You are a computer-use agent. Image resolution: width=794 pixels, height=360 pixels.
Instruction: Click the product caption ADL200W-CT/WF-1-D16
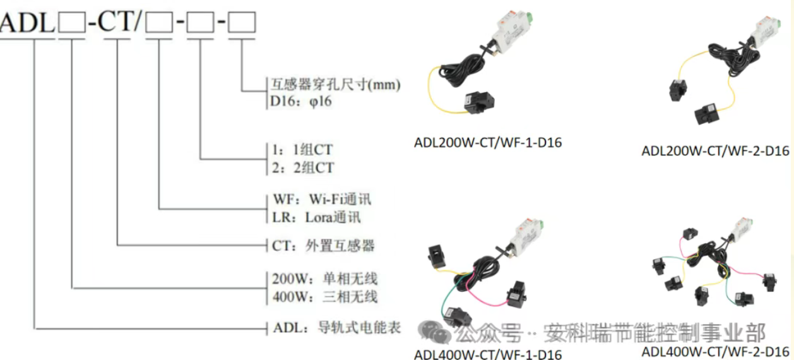click(488, 143)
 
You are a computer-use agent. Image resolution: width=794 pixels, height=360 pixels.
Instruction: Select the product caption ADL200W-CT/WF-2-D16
click(715, 151)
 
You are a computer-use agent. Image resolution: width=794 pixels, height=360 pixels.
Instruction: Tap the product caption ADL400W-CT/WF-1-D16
click(488, 354)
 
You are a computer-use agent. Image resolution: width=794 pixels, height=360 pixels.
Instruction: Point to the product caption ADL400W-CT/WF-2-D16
click(715, 352)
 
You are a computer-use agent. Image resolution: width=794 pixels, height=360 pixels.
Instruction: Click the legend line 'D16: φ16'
click(301, 102)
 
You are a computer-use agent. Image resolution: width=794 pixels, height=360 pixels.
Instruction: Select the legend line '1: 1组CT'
click(302, 150)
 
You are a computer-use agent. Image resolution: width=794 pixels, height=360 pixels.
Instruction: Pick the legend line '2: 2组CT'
click(303, 167)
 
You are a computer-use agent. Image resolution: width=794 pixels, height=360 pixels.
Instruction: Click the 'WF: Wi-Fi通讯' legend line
click(322, 200)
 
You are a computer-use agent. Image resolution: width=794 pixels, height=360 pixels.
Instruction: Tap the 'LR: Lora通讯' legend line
click(316, 217)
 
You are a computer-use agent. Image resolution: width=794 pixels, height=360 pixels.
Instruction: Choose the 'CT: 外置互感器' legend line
click(323, 246)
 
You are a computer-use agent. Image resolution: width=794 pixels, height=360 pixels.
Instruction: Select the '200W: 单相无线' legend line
click(324, 279)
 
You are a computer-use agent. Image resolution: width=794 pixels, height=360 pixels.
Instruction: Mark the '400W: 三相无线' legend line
click(324, 296)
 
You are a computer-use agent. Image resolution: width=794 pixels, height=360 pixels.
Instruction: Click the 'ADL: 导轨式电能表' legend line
click(337, 328)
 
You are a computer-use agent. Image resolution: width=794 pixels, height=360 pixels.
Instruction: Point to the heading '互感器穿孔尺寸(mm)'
click(336, 85)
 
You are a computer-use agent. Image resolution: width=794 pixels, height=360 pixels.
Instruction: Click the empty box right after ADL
click(72, 22)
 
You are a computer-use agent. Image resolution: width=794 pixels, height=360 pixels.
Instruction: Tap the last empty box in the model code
click(242, 22)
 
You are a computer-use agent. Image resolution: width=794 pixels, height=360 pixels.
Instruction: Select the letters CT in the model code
click(116, 21)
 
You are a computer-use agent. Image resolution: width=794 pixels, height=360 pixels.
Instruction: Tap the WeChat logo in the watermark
click(434, 332)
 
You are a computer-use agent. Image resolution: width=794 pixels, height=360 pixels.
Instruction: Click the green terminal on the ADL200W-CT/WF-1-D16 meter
click(528, 16)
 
